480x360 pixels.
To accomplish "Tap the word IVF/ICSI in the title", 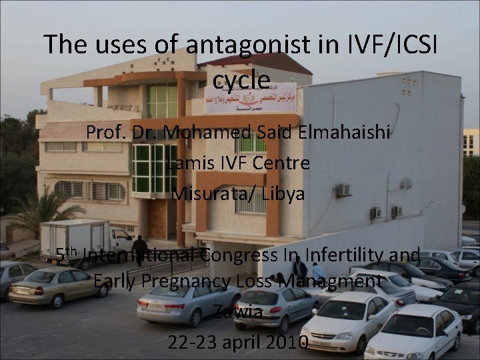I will coord(391,44).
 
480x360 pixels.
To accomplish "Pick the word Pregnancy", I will coord(183,282).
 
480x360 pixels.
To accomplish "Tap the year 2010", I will coord(285,342).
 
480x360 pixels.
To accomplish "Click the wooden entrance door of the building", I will coord(157,219).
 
